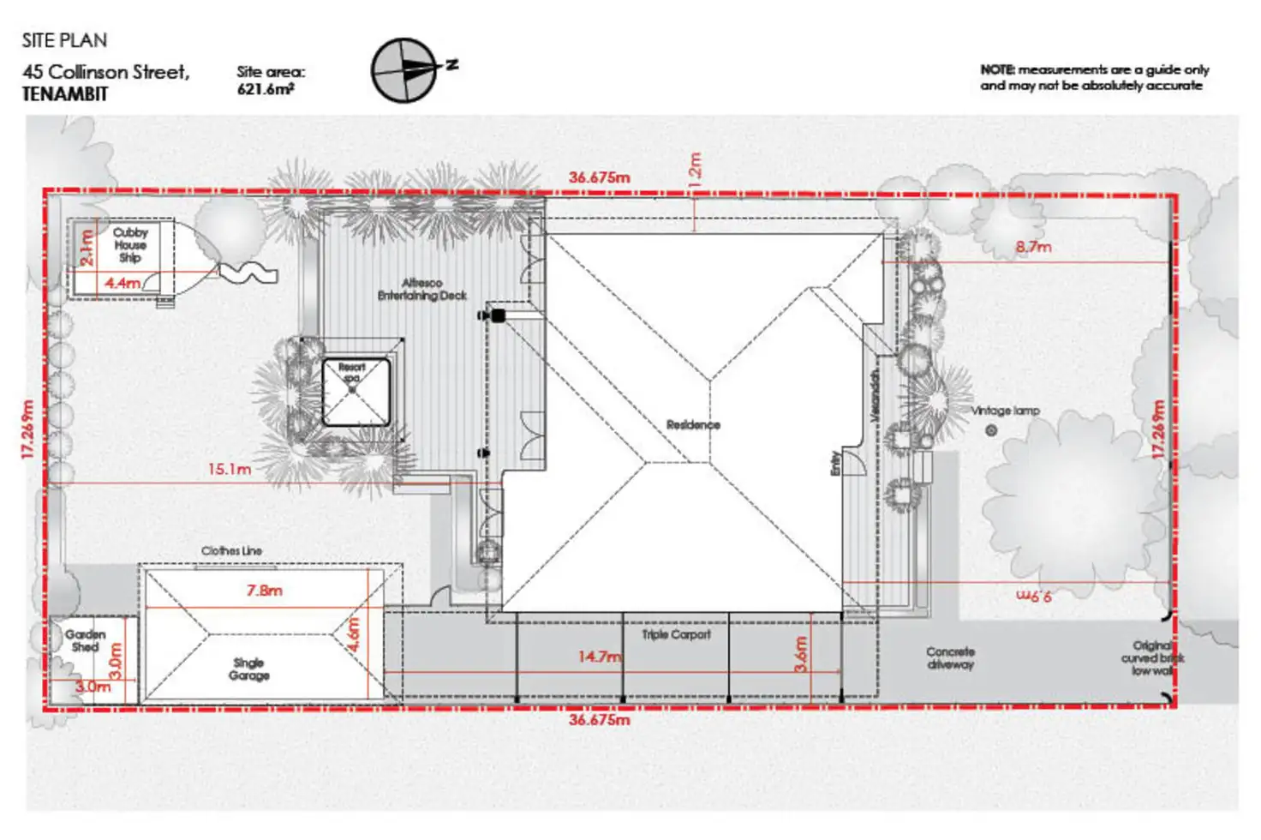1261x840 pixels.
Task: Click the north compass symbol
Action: (x=404, y=70)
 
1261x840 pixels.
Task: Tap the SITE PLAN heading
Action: (x=64, y=40)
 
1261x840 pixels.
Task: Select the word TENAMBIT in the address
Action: (x=65, y=94)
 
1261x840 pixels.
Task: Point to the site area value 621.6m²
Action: (x=266, y=88)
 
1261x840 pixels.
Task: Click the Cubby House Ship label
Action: (x=130, y=245)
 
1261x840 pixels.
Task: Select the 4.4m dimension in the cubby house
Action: (x=123, y=283)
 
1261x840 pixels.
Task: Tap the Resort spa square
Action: (x=356, y=393)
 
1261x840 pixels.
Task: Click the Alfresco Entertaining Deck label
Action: (x=422, y=289)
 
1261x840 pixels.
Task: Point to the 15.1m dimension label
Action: (x=230, y=470)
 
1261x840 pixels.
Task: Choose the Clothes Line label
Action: (x=231, y=550)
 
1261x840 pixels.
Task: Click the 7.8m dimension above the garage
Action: (x=264, y=591)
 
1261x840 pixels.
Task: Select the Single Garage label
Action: (x=248, y=669)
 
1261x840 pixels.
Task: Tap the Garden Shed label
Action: (x=85, y=640)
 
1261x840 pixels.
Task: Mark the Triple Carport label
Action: (x=676, y=634)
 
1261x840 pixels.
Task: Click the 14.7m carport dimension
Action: (x=599, y=657)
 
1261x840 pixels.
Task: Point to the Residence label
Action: (x=693, y=424)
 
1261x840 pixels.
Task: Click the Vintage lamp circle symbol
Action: (x=991, y=430)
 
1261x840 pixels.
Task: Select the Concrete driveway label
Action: (x=950, y=657)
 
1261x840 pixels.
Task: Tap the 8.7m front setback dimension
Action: (x=1033, y=247)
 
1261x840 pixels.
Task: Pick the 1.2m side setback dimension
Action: (x=695, y=171)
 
